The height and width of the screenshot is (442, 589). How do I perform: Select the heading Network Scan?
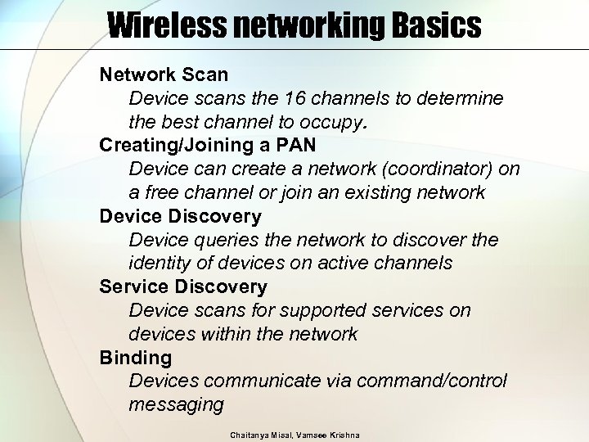[164, 75]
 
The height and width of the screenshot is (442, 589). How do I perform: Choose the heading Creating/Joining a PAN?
[208, 146]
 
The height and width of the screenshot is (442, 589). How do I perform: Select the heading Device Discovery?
[180, 217]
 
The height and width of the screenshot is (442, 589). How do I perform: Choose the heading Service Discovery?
[183, 287]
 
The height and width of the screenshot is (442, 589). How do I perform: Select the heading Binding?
[135, 358]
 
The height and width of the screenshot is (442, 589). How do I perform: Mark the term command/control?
[439, 381]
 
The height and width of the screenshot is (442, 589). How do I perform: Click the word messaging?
[176, 405]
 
